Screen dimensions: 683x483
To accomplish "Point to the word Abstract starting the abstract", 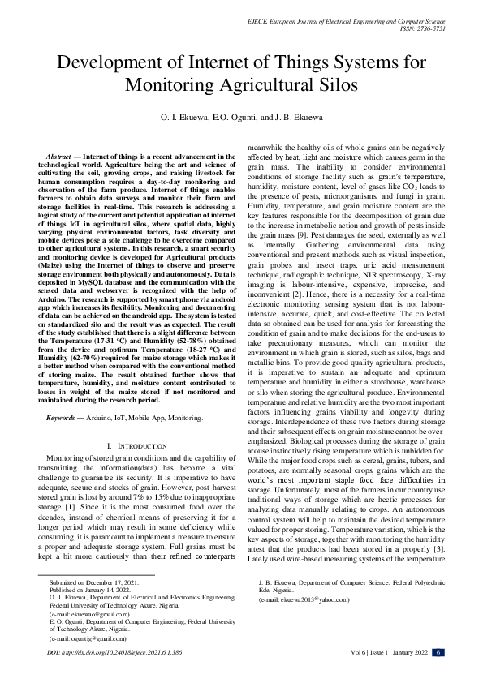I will [x=58, y=154].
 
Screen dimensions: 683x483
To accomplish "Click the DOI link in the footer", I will [x=114, y=651].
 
